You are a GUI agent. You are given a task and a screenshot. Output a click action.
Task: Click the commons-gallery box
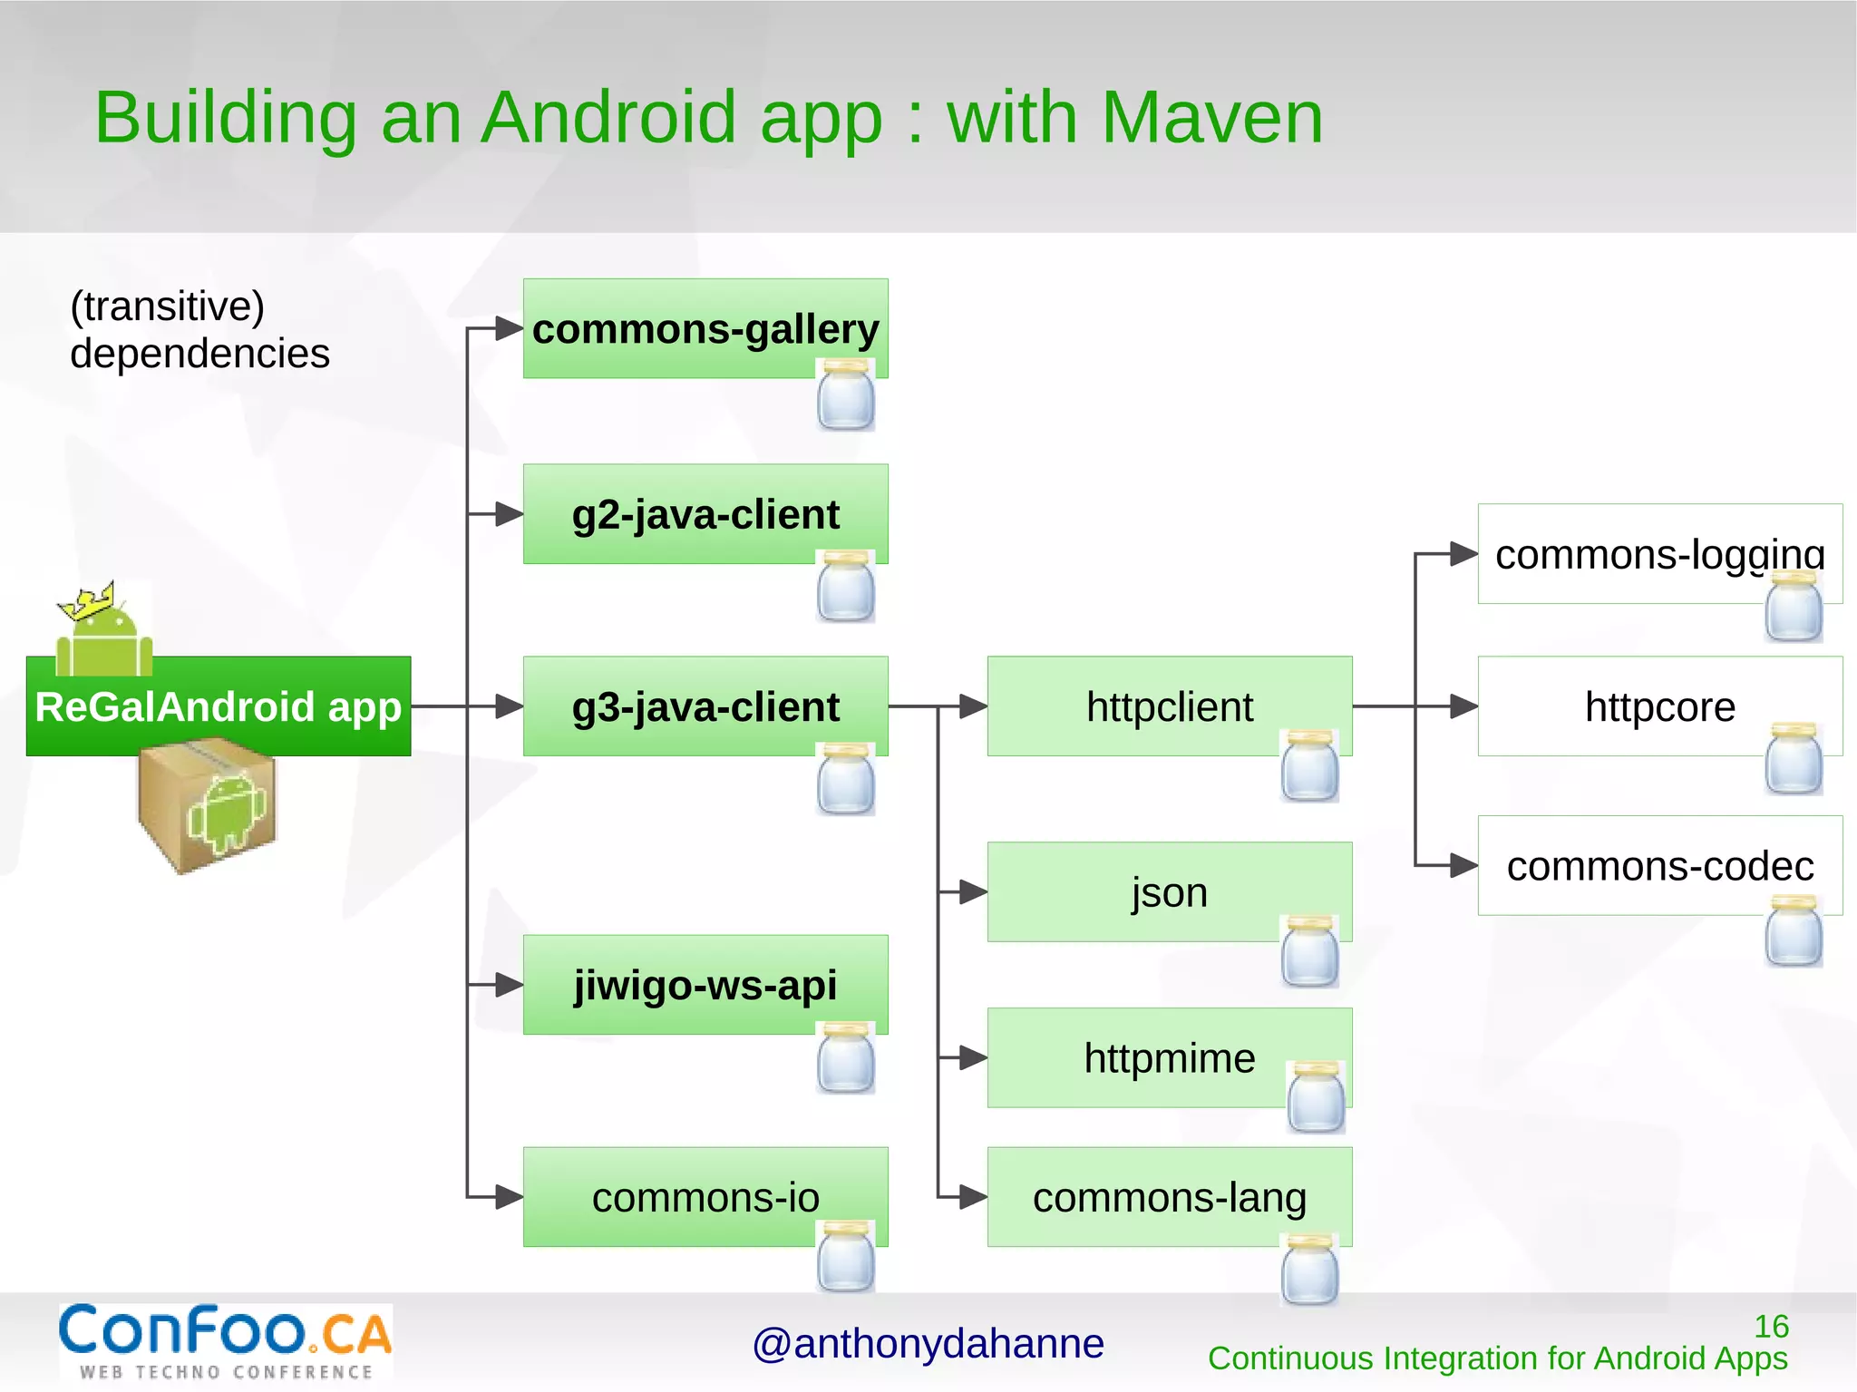(705, 328)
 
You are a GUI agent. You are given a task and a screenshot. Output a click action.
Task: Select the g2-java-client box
(705, 514)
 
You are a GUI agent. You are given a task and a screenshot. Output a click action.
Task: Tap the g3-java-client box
(705, 706)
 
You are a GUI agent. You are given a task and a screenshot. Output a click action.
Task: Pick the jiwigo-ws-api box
(705, 985)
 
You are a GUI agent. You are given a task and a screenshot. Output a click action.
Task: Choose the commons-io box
(705, 1197)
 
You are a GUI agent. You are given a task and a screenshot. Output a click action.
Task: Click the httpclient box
(1169, 706)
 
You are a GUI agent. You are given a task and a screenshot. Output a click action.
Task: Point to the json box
(1169, 892)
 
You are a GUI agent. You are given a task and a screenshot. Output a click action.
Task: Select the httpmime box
(1169, 1057)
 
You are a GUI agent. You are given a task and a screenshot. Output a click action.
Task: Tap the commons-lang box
(1169, 1197)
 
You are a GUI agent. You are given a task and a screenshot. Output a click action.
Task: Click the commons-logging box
(1659, 554)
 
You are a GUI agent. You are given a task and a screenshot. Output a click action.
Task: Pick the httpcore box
(1659, 706)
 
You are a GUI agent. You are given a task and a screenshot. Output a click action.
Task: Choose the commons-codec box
(1659, 866)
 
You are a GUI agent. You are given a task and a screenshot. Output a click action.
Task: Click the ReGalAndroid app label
(219, 706)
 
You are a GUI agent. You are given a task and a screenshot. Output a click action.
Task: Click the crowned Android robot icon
(102, 628)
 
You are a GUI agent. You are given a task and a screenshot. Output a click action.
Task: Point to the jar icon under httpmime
(1317, 1097)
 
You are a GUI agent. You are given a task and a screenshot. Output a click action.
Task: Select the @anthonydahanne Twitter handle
(928, 1344)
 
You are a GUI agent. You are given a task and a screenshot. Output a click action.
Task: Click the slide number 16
(1771, 1327)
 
